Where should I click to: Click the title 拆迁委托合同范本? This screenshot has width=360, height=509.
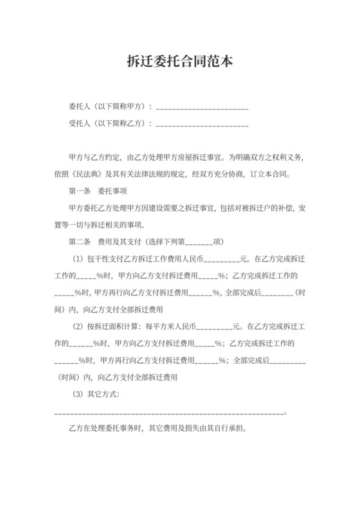click(x=179, y=62)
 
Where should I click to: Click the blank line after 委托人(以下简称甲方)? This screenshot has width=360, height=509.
click(x=202, y=107)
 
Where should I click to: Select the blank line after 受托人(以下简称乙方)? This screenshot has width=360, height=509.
click(x=202, y=123)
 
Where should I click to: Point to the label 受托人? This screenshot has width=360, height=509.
click(x=80, y=123)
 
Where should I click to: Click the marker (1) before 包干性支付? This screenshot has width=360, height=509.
click(x=81, y=259)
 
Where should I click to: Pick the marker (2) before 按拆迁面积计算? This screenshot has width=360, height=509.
click(x=81, y=326)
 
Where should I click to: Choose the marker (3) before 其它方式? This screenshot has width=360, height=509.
click(x=81, y=393)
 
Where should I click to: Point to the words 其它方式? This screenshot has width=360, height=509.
click(x=106, y=393)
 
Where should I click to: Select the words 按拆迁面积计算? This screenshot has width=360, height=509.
click(x=116, y=326)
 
